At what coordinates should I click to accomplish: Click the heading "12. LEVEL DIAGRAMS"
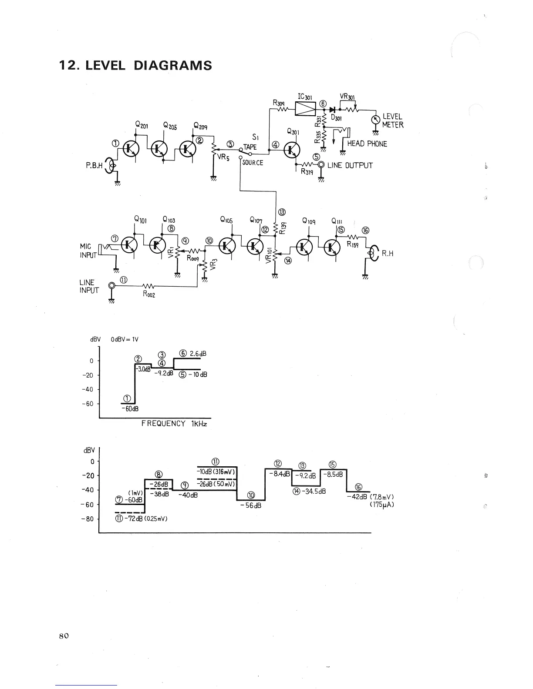(x=135, y=66)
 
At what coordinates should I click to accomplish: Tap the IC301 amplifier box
(x=306, y=109)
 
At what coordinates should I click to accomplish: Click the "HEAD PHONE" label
(x=367, y=144)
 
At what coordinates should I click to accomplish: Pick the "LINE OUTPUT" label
(x=350, y=165)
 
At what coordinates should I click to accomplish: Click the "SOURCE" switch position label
(x=253, y=163)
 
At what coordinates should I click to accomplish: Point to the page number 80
(x=64, y=635)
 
